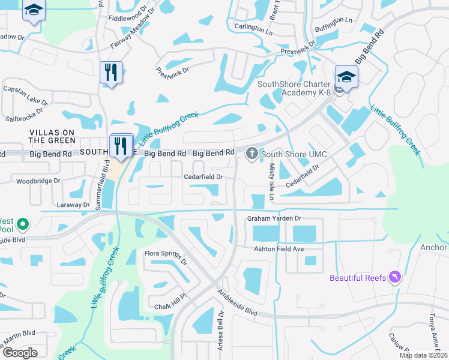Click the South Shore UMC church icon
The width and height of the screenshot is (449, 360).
(252, 155)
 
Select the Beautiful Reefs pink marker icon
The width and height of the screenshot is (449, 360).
(395, 277)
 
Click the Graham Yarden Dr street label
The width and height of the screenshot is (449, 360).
(274, 219)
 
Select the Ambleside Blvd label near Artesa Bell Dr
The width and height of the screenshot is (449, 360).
(237, 304)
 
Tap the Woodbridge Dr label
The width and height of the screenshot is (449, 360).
(38, 181)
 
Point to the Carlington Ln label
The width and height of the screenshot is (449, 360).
(249, 28)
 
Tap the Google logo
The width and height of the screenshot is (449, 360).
(20, 352)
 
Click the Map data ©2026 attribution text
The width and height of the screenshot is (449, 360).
(423, 355)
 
